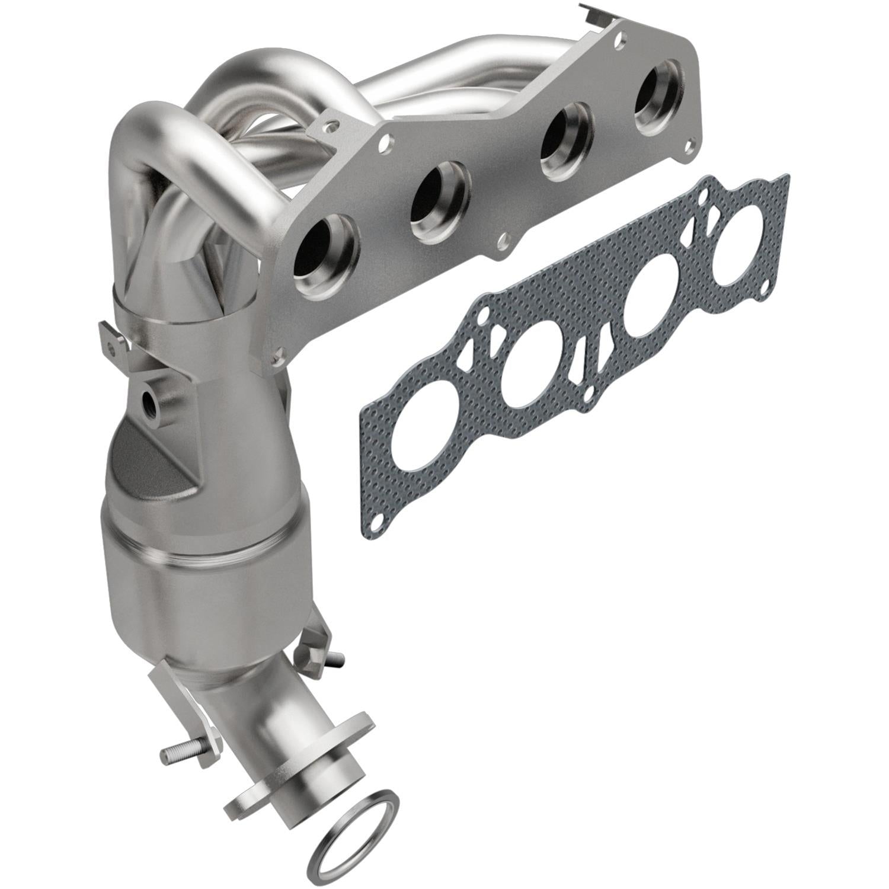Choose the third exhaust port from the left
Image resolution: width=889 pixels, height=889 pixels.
[569, 142]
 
